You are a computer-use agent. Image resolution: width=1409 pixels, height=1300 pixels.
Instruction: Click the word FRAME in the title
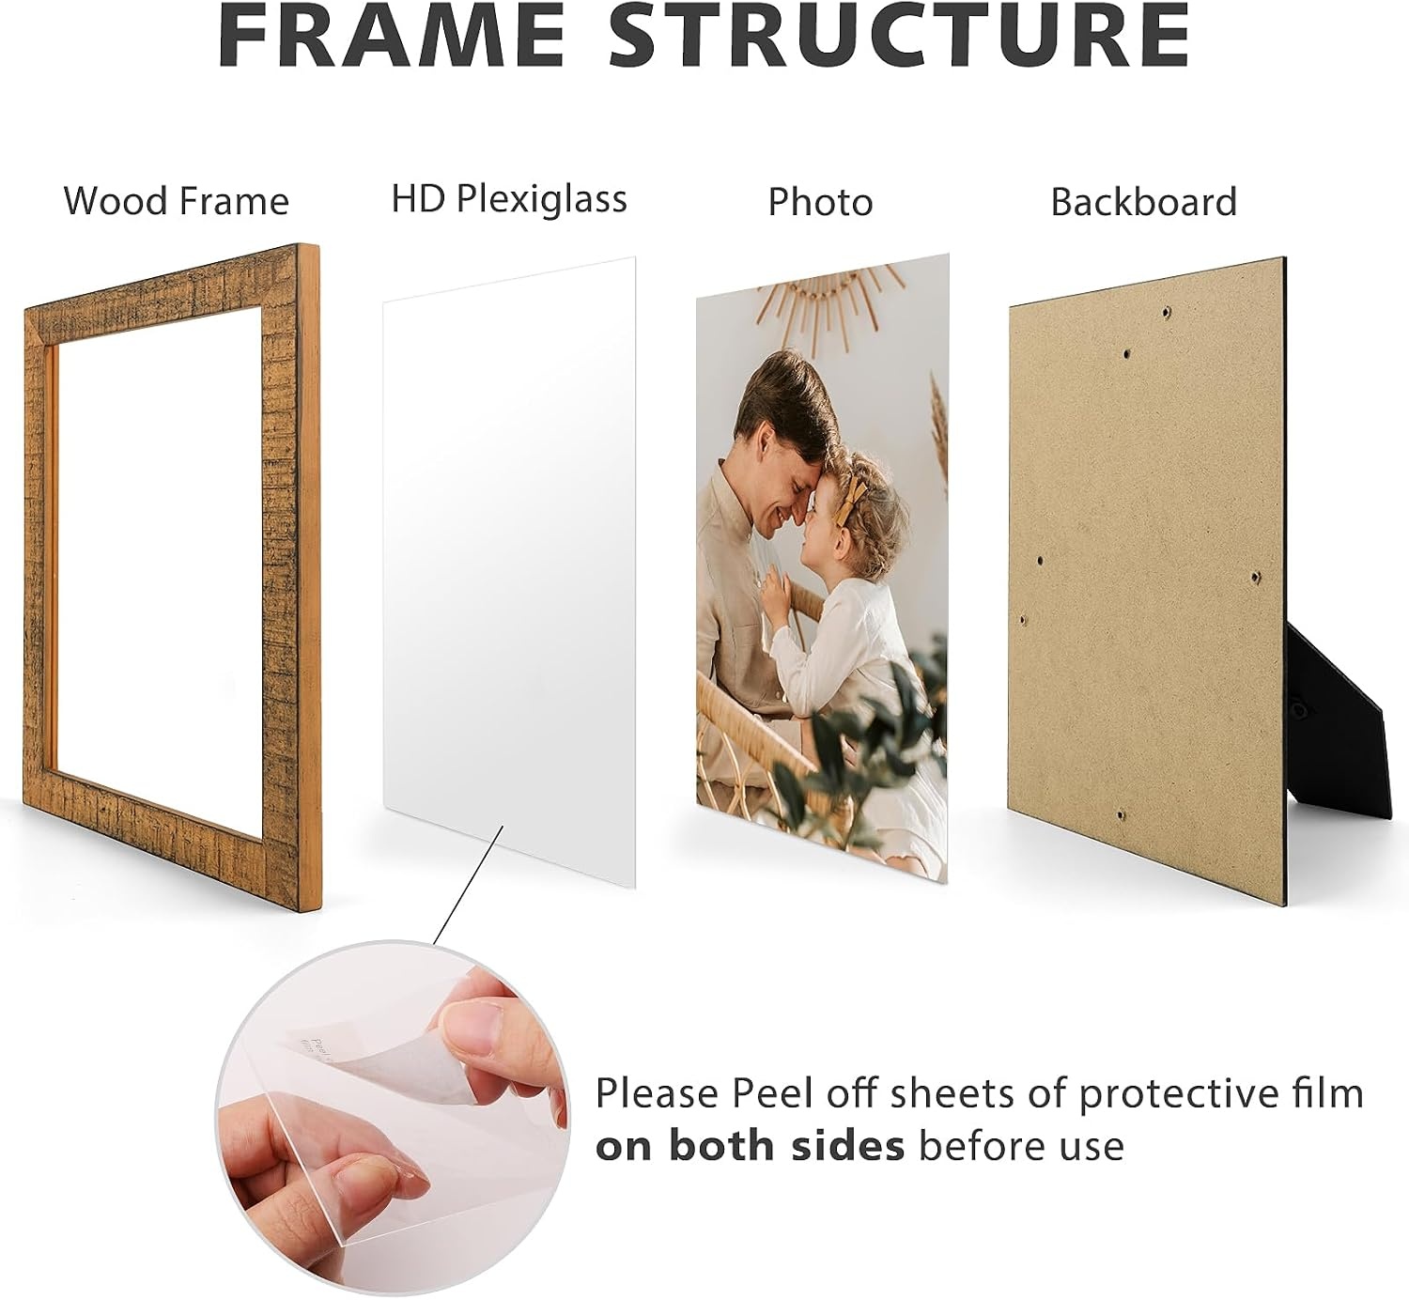pos(391,34)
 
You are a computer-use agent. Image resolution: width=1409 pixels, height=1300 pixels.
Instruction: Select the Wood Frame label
pos(177,201)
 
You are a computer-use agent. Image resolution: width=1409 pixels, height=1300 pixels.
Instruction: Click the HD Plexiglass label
pos(509,199)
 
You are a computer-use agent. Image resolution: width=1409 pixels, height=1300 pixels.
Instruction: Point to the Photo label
pos(820,202)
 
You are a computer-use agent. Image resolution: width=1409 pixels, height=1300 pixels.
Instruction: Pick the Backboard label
pos(1144,202)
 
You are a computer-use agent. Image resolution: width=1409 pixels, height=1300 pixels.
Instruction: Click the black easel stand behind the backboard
pos(1335,717)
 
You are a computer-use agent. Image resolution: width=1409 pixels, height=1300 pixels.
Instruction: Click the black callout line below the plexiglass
pos(468,886)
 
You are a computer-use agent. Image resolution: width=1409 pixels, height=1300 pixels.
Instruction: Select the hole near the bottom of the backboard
pos(1121,815)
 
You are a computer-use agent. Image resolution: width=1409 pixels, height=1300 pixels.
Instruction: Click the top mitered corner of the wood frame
pos(305,248)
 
